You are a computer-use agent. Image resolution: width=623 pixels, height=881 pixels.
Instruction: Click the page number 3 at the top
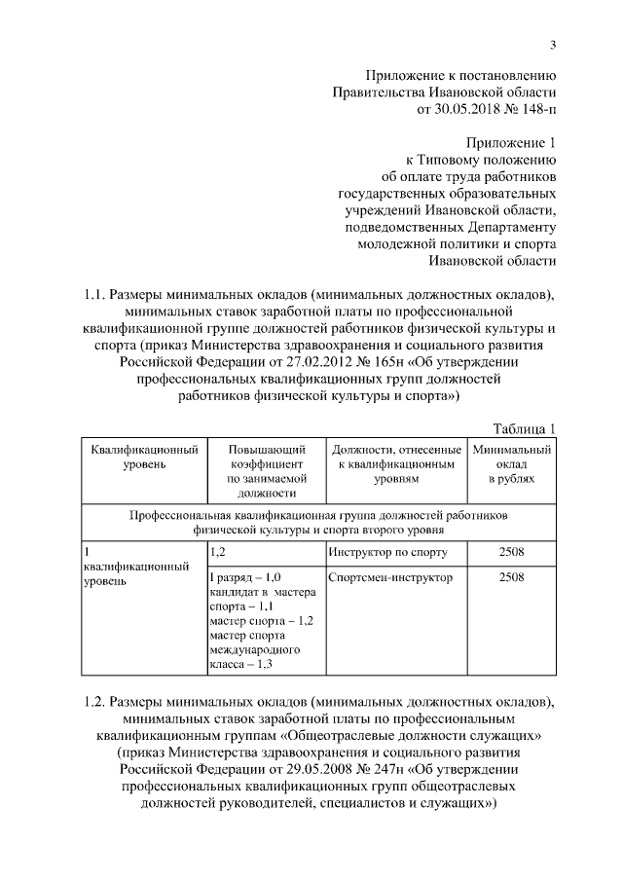[x=553, y=44]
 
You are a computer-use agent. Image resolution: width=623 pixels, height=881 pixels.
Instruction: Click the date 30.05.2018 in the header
[x=473, y=110]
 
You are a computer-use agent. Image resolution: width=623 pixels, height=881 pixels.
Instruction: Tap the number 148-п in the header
[x=538, y=110]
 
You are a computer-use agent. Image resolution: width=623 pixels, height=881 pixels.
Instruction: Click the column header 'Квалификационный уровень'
[x=145, y=457]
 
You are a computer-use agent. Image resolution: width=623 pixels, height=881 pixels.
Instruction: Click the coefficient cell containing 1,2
[x=218, y=553]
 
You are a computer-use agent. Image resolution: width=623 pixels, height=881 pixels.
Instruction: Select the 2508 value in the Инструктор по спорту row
[x=511, y=553]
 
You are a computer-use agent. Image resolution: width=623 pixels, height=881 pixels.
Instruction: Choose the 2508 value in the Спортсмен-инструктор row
[x=511, y=577]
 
